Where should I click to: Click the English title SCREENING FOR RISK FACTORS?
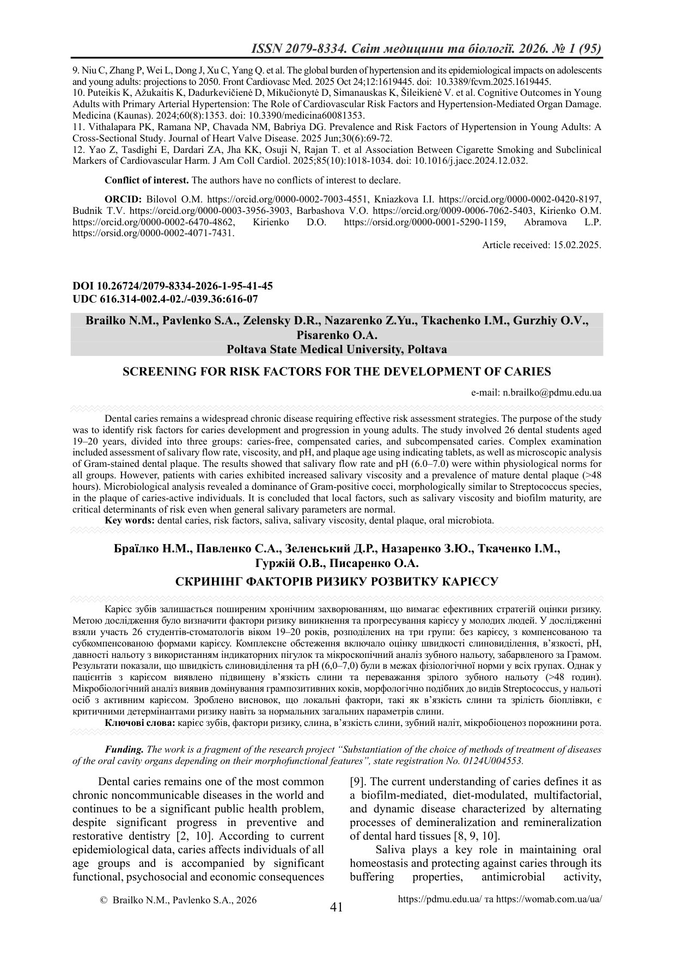click(x=337, y=372)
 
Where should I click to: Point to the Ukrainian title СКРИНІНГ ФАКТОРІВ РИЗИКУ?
click(x=337, y=581)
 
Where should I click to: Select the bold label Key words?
click(x=130, y=520)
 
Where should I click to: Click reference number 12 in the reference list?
click(x=77, y=150)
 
